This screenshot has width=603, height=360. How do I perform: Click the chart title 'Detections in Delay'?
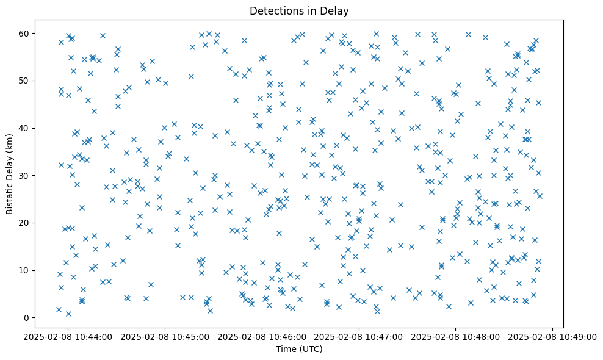(299, 10)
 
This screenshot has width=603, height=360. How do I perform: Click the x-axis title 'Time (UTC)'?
(299, 349)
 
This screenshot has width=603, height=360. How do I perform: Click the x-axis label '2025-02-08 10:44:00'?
(68, 336)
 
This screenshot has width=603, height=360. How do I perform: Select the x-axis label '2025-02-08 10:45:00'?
(165, 336)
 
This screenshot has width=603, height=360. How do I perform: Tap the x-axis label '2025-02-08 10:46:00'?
(262, 336)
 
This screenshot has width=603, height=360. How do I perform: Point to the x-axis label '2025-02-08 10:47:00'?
(359, 336)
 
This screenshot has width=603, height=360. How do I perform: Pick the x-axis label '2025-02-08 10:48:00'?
(456, 336)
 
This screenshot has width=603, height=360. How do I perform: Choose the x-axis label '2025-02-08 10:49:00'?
(553, 336)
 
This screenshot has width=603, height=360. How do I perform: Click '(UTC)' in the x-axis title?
(309, 349)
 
